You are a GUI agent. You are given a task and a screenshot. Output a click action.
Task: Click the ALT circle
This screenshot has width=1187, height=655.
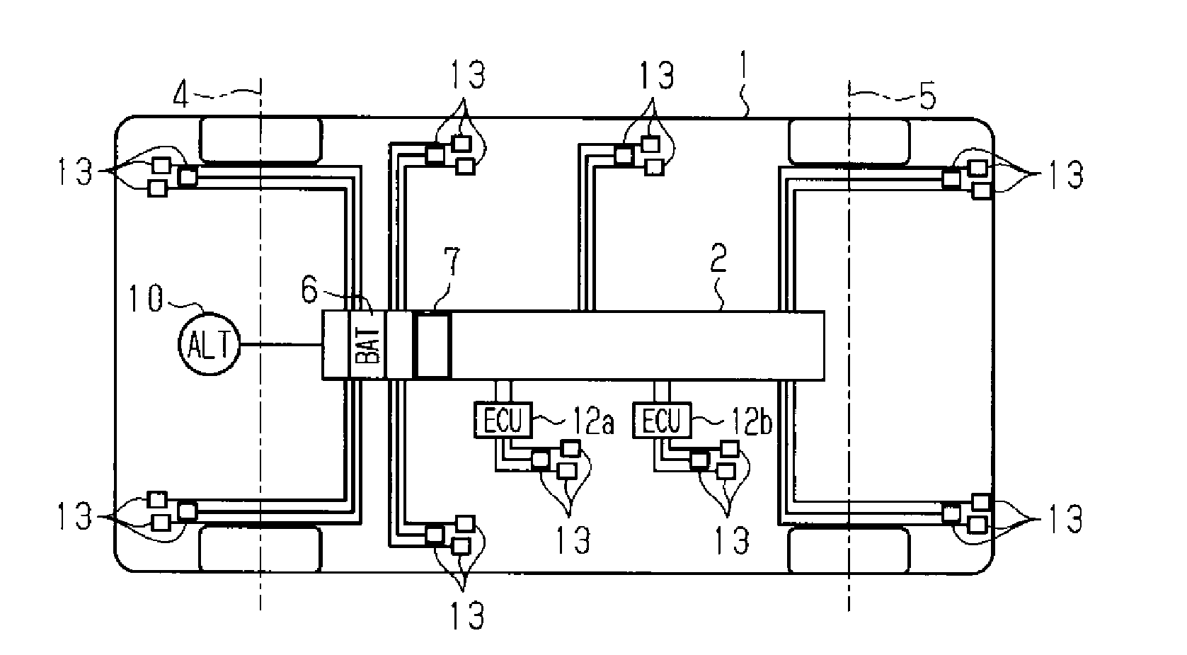click(x=210, y=344)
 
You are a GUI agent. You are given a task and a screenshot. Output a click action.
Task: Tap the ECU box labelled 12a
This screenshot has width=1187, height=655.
click(x=503, y=420)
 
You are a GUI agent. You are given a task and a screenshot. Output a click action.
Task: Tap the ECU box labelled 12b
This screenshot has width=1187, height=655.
click(x=662, y=420)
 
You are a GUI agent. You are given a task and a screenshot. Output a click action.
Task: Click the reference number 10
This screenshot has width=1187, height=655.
click(x=146, y=298)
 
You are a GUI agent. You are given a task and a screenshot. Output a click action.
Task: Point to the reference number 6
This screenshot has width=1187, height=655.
click(x=310, y=290)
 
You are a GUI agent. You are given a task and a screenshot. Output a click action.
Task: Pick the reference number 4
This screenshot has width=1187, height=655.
click(x=181, y=96)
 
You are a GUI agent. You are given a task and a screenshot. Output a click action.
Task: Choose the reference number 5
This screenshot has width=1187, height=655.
click(x=927, y=97)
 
